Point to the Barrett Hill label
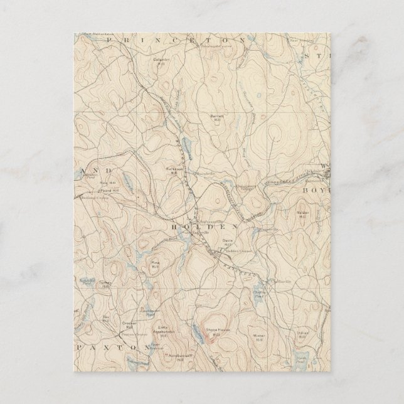pos(216,117)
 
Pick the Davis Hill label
pos(228,243)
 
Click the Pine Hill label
pos(153,265)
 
